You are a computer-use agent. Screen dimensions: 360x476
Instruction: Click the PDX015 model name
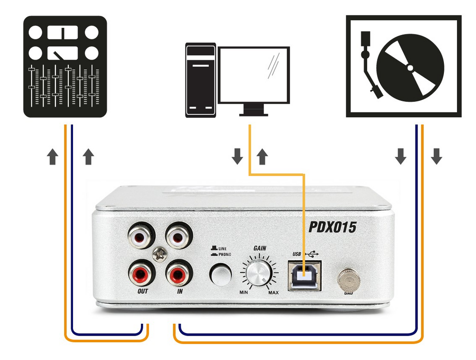click(332, 227)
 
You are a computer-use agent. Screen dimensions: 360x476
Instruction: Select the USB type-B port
click(303, 275)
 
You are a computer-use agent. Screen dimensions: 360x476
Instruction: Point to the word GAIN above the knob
click(259, 248)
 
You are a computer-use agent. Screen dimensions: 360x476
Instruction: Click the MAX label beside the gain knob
click(273, 292)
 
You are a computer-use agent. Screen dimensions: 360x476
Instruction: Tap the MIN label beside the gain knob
click(243, 292)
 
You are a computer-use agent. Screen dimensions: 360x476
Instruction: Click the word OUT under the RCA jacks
click(143, 291)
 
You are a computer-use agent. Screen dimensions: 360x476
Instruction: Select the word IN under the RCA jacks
click(179, 291)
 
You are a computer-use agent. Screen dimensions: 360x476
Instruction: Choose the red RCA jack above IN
click(178, 273)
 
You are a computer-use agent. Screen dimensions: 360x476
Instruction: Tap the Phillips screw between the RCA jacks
click(160, 254)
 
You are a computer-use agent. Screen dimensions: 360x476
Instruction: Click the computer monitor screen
click(254, 75)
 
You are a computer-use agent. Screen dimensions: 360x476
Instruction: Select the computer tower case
click(200, 80)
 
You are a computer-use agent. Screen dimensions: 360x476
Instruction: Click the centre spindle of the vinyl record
click(410, 68)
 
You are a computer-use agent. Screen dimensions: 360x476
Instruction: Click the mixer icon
click(65, 67)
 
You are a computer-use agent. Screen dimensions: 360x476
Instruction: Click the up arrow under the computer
click(262, 157)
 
